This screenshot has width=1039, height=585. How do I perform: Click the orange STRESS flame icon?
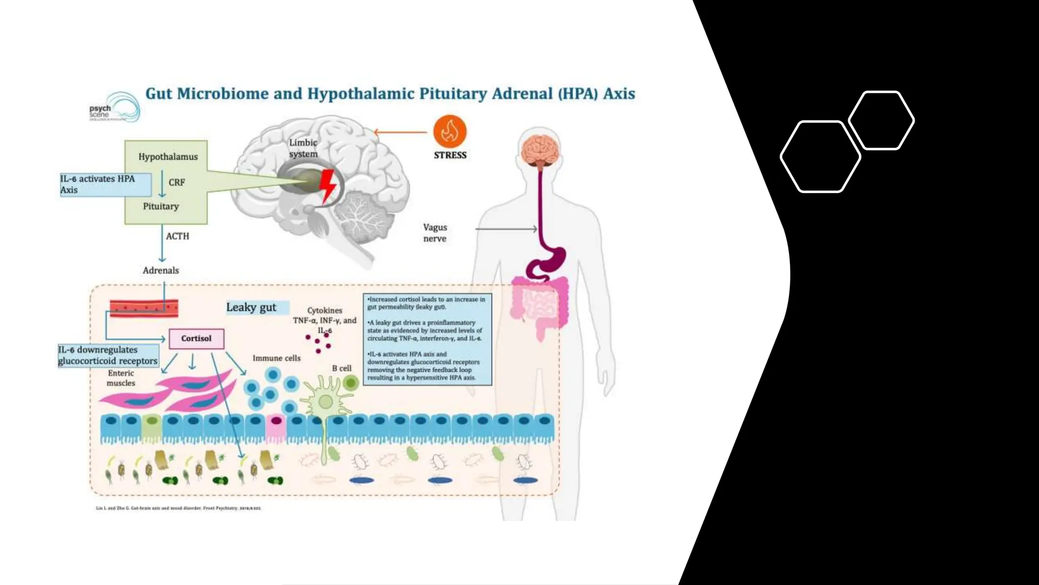[449, 132]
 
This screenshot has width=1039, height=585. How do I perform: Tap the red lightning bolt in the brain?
[328, 186]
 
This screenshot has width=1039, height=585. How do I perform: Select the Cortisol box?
[196, 339]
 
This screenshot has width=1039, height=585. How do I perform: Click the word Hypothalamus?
[168, 157]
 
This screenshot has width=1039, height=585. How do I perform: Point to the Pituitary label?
[161, 206]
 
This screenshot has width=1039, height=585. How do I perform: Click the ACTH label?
[178, 236]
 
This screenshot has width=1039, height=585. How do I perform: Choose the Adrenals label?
[161, 271]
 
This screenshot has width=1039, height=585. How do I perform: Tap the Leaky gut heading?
[252, 307]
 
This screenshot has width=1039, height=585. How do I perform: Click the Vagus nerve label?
[435, 233]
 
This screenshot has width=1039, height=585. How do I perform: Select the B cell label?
[341, 368]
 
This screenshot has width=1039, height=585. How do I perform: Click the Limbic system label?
[303, 148]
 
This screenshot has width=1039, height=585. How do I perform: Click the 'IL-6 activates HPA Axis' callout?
[105, 184]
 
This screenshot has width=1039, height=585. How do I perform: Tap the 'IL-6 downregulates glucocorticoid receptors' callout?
[108, 355]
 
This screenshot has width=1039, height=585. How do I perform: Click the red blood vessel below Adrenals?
[144, 308]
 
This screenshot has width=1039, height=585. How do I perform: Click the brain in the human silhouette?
[540, 149]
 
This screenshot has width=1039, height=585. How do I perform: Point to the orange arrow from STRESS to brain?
[401, 133]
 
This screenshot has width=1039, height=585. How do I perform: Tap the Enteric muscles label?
[121, 378]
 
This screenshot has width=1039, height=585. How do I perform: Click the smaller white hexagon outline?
[881, 120]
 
